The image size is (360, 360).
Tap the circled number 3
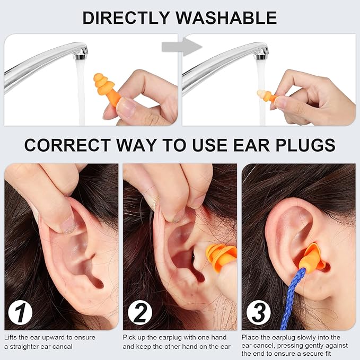(258, 313)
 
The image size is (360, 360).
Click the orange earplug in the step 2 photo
(221, 258)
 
